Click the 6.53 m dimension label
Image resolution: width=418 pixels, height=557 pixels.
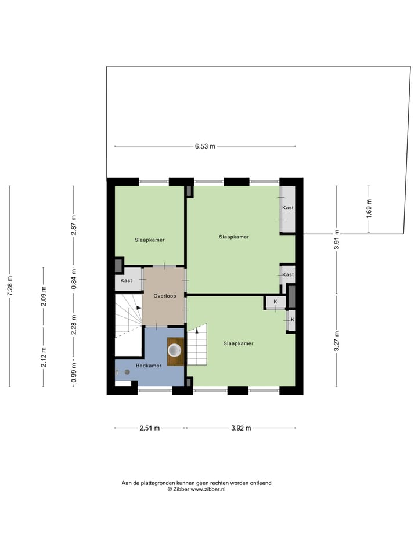[x=205, y=146]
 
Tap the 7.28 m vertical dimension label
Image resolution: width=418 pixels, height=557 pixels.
[x=9, y=286]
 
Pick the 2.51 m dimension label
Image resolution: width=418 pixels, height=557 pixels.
[x=150, y=428]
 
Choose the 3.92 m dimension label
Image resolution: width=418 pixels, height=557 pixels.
[x=240, y=428]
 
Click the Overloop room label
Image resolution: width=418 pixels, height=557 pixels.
[x=164, y=296]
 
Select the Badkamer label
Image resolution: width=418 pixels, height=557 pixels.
[x=149, y=366]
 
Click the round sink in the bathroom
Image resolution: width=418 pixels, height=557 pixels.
[x=175, y=350]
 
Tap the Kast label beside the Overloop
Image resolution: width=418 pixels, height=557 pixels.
[x=127, y=281]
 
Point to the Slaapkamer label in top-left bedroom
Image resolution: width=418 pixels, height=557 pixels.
[x=149, y=240]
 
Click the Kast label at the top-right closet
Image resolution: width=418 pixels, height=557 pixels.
[x=287, y=208]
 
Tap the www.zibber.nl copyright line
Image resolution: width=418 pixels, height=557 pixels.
[x=196, y=490]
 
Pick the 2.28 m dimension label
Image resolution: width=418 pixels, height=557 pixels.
[x=74, y=321]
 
